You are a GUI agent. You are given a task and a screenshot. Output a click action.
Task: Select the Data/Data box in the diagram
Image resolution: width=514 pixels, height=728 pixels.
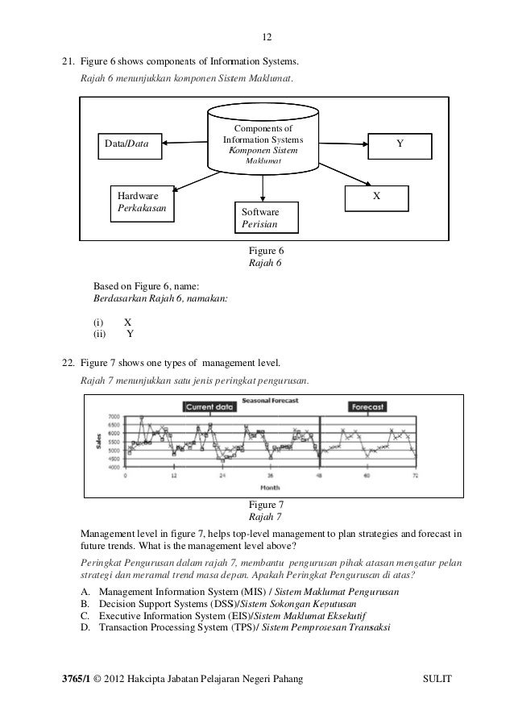pos(129,144)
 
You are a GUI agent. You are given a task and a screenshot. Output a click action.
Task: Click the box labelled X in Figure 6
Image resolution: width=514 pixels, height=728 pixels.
pos(376,198)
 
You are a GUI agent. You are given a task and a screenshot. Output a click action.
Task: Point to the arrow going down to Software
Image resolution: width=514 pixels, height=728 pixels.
pos(263,186)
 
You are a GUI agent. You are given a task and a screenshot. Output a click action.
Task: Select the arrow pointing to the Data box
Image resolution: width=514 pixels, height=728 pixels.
pos(184,144)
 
